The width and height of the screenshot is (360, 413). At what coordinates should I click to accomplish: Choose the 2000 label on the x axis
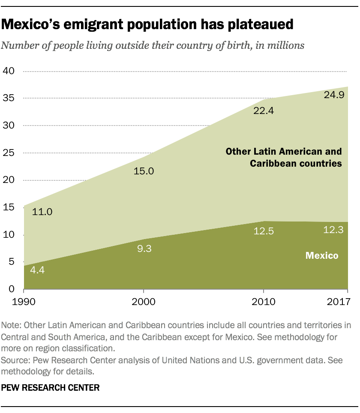point(143,302)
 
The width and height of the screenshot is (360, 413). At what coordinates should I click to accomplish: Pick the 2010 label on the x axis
point(263,302)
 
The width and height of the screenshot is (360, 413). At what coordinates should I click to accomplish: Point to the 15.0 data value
point(144,171)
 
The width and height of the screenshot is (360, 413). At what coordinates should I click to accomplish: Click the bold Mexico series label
point(321,256)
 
